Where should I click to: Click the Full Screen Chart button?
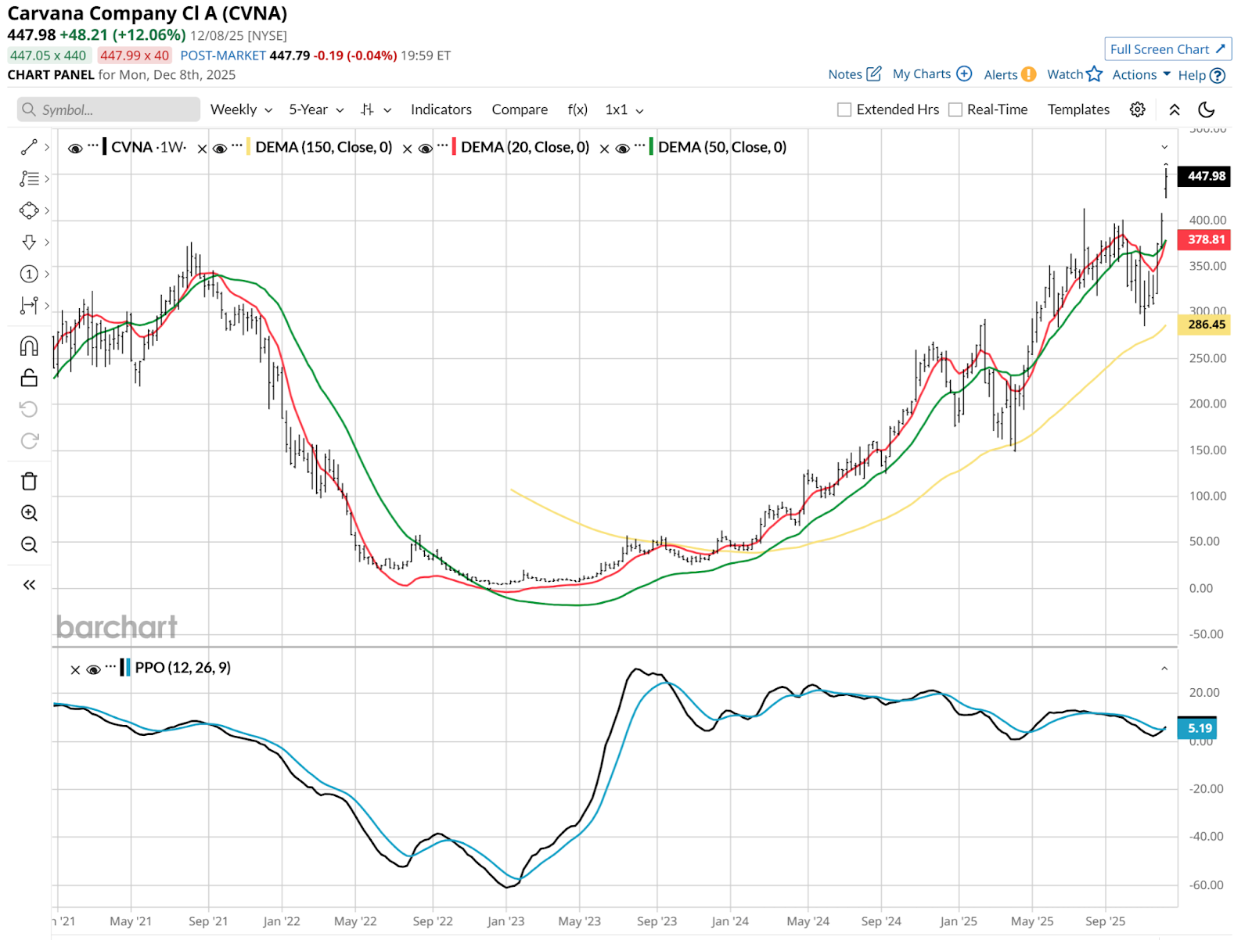coord(1167,49)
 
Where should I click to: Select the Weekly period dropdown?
coord(241,110)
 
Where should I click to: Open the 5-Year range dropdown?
coord(316,110)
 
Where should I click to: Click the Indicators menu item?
coord(441,110)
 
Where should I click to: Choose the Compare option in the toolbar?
coord(520,110)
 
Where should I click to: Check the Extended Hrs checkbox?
coord(844,110)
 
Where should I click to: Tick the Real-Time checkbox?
coord(955,110)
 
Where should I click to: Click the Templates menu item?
coord(1078,110)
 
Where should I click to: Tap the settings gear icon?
coord(1138,110)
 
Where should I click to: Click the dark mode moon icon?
coord(1207,110)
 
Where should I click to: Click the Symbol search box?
coord(110,110)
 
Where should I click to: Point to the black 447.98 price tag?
coord(1206,177)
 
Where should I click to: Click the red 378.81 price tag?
coord(1206,240)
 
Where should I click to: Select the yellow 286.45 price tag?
coord(1206,325)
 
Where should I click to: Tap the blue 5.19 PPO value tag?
coord(1199,729)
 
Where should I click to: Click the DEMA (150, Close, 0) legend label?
coord(323,148)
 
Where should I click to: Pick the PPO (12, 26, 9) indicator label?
coord(182,668)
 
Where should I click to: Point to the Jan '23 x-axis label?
coord(505,921)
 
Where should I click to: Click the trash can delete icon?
coord(29,482)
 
